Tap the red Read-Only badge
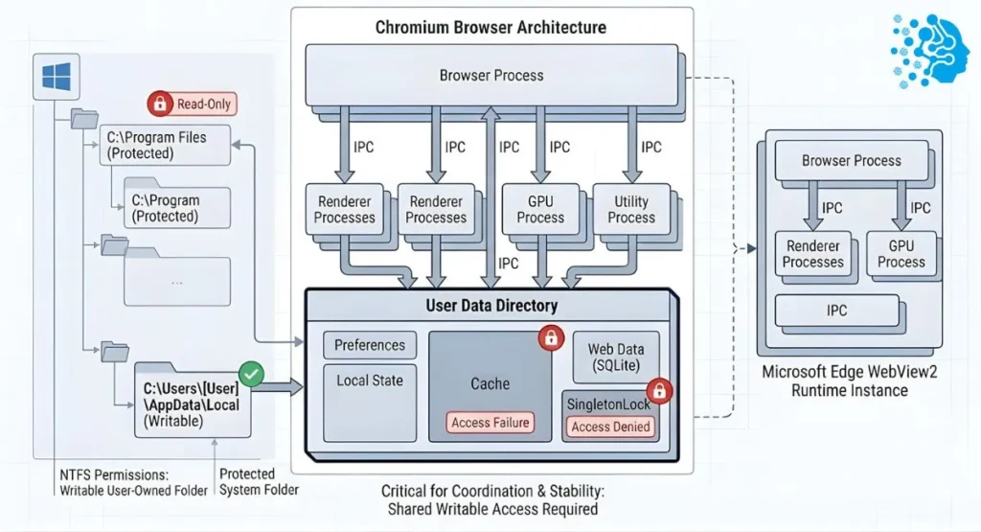pyautogui.click(x=190, y=104)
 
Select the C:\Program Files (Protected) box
pyautogui.click(x=165, y=145)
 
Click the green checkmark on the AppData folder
pyautogui.click(x=251, y=373)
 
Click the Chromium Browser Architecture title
pyautogui.click(x=491, y=27)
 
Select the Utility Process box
pyautogui.click(x=630, y=209)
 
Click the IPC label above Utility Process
pyautogui.click(x=650, y=147)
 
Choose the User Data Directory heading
pyautogui.click(x=490, y=306)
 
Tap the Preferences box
pyautogui.click(x=370, y=345)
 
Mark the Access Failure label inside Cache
pyautogui.click(x=490, y=422)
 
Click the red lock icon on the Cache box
pyautogui.click(x=550, y=336)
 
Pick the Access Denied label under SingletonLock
pyautogui.click(x=610, y=427)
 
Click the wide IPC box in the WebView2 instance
pyautogui.click(x=836, y=312)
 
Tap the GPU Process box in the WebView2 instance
pyautogui.click(x=901, y=253)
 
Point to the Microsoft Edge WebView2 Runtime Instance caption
pyautogui.click(x=836, y=382)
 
